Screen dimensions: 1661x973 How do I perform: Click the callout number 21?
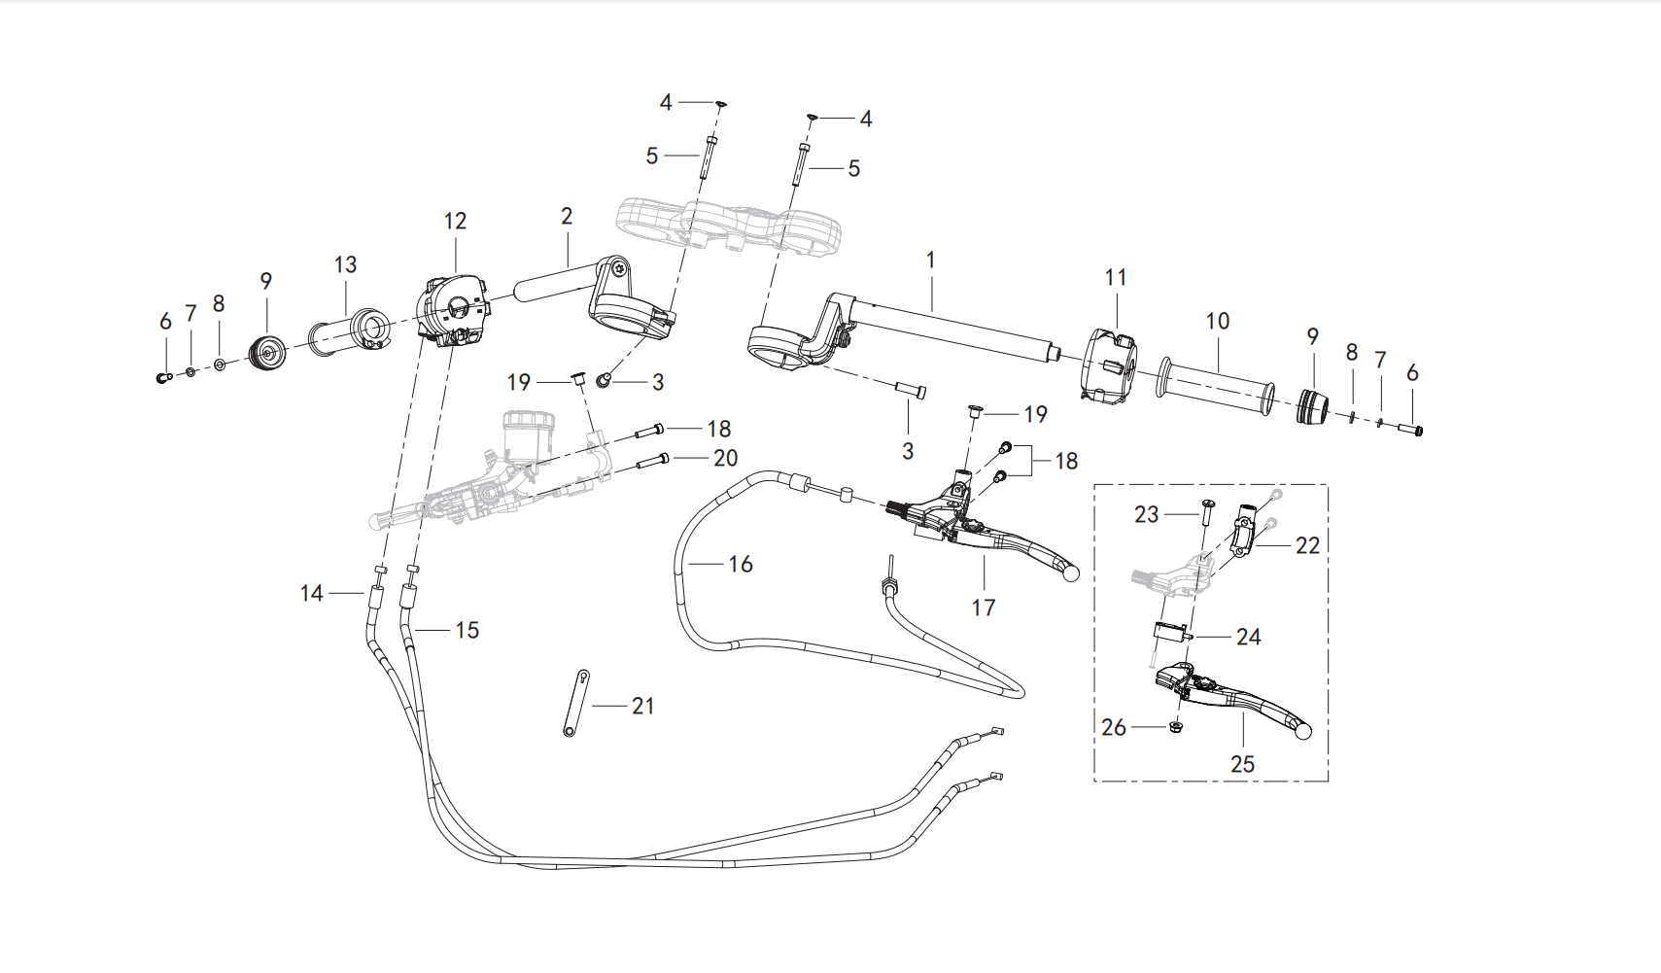642,706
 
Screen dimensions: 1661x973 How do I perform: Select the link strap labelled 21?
576,703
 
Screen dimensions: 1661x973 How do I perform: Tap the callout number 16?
740,565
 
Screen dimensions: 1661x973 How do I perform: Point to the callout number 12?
455,221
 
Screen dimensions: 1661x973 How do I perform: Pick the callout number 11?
1115,278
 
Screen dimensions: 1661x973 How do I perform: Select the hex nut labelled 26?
1175,727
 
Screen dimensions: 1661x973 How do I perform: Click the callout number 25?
1242,764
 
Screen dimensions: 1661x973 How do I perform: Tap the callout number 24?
1249,637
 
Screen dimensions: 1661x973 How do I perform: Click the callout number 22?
1307,546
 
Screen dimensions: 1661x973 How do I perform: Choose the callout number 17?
984,608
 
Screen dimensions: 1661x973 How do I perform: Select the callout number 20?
725,459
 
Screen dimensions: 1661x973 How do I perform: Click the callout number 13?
346,264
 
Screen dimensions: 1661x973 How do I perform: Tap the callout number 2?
567,217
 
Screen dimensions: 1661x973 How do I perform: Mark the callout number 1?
930,261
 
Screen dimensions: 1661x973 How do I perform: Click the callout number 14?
311,593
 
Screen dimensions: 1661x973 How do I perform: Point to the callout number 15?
467,631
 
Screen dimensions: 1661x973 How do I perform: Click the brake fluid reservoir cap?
527,418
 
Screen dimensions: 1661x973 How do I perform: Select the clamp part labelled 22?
1246,527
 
